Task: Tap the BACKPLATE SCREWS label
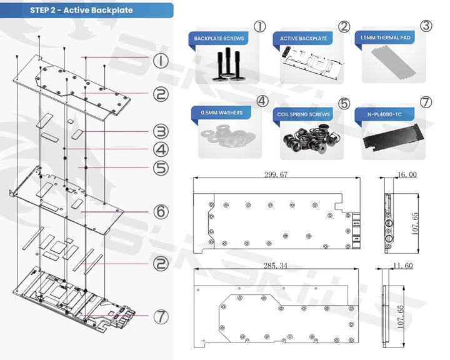point(219,39)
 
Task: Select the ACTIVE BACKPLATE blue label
point(303,39)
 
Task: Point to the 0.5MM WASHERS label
point(222,112)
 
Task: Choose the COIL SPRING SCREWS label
point(304,114)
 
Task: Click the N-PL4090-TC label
point(384,114)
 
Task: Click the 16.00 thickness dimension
point(406,175)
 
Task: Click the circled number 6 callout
point(161,212)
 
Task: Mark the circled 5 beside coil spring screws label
point(343,102)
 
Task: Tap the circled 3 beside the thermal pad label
point(426,26)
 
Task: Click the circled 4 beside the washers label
point(261,101)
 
